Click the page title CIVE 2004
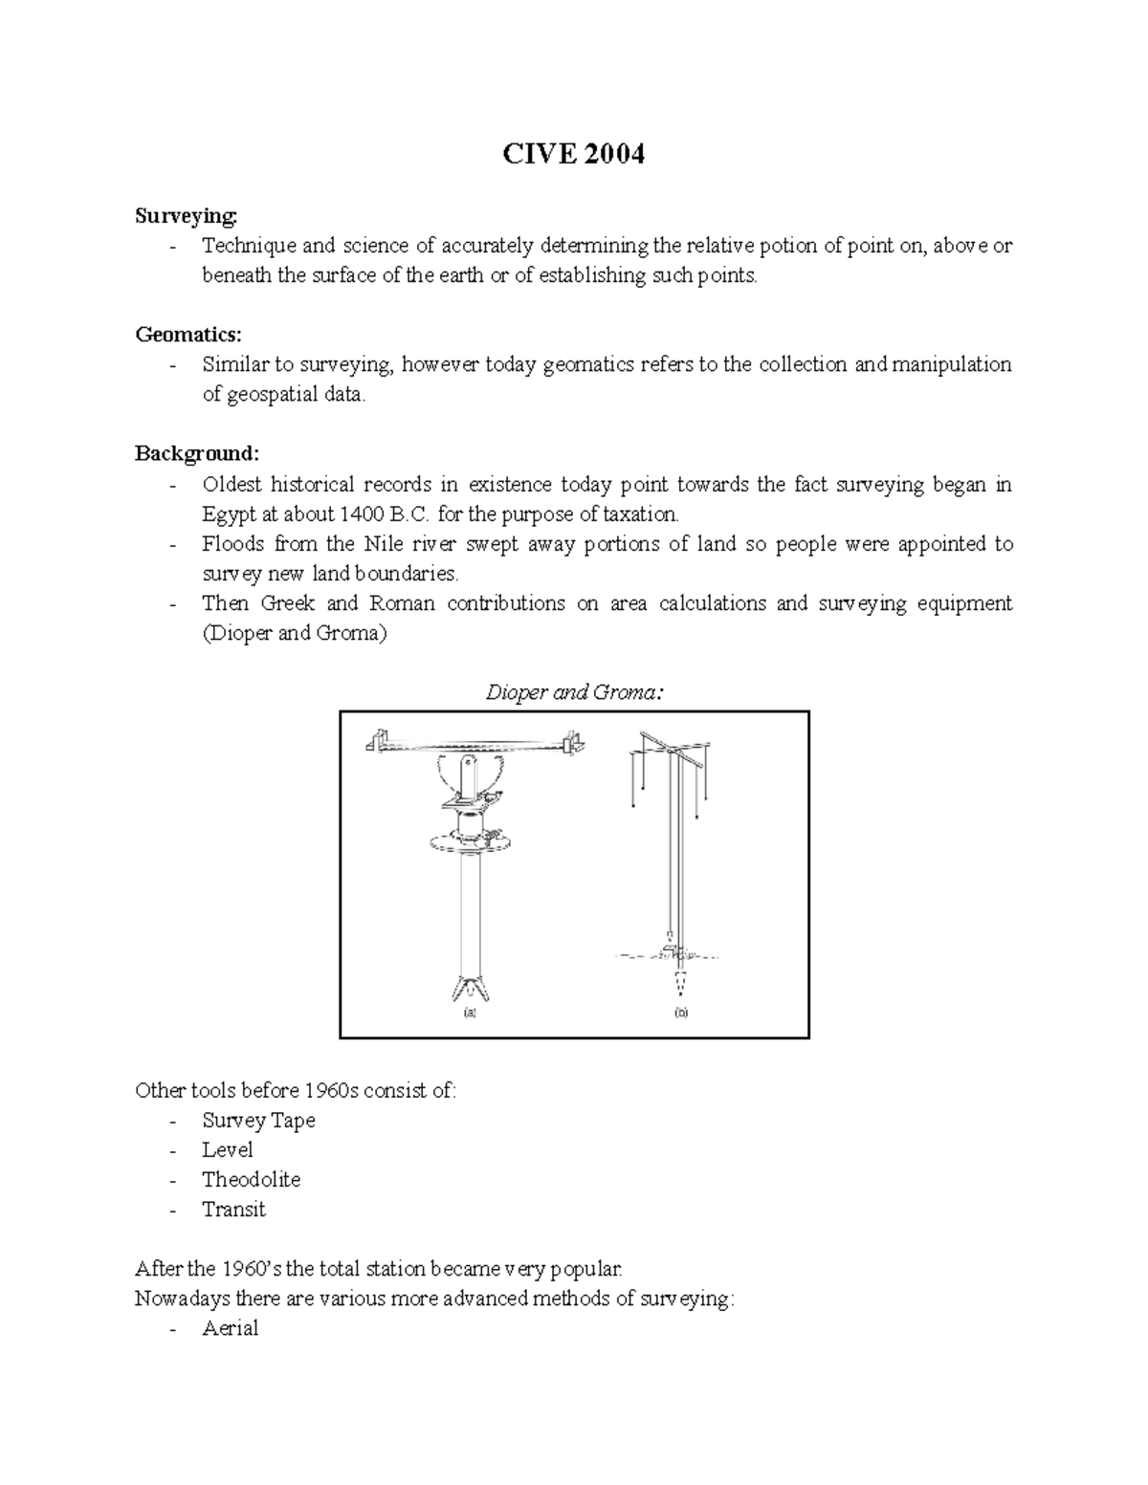coord(574,154)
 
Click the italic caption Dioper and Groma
coord(574,692)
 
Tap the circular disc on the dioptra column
coord(470,841)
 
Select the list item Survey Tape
coord(258,1120)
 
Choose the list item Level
coord(227,1149)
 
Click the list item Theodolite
coord(251,1180)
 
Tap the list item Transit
coord(233,1210)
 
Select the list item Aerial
coord(230,1328)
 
